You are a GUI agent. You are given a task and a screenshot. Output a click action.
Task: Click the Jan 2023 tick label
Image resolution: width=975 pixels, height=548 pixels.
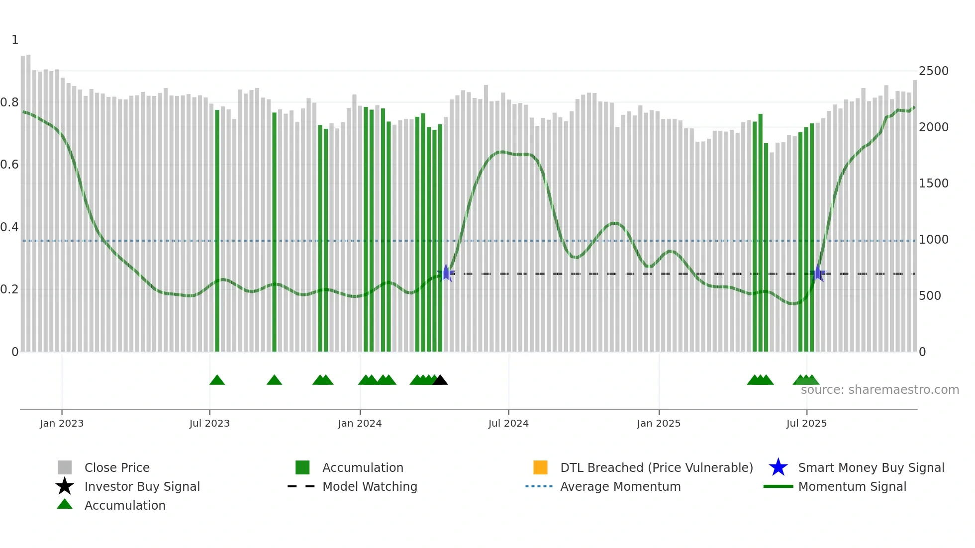62,423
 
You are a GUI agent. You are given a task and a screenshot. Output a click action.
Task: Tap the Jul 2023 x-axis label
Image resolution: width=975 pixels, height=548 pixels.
209,423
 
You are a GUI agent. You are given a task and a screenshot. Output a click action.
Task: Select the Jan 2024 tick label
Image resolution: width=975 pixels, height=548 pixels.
360,423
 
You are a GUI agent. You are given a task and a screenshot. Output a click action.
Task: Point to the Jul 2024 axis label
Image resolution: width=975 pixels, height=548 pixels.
508,423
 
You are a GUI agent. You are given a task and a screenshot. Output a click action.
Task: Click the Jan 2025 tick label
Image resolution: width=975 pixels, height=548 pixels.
659,423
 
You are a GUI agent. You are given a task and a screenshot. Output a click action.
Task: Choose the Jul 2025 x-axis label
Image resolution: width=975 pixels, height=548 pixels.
806,423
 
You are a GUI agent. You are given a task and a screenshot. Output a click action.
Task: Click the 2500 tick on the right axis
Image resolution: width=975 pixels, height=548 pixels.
933,71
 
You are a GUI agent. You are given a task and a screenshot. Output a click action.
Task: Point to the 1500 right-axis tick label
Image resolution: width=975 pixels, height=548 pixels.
933,183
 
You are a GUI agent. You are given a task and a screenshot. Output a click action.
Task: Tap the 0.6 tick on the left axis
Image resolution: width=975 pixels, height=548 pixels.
9,165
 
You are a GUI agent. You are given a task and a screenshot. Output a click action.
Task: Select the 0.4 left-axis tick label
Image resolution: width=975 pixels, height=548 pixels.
9,227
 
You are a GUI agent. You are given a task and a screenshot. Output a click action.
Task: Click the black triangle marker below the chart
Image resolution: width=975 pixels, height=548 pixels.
440,380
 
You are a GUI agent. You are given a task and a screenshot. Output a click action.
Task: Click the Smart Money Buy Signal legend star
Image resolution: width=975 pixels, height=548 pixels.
778,467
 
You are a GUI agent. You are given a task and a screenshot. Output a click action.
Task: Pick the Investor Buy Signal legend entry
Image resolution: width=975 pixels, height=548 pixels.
142,486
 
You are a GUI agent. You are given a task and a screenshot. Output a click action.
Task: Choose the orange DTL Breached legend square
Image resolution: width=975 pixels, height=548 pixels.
540,467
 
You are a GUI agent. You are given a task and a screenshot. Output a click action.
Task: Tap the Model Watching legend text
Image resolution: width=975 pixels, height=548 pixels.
370,486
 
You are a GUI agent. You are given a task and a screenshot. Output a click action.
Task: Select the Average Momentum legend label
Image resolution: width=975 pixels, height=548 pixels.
620,486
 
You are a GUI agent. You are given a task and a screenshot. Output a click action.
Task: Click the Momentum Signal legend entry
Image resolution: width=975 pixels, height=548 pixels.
852,486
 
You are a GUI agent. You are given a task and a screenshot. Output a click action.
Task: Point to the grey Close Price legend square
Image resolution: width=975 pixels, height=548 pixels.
65,467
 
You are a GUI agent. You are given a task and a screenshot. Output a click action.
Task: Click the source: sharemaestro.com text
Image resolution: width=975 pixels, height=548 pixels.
879,390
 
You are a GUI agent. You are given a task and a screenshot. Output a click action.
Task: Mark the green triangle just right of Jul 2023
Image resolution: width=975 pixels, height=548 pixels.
217,380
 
